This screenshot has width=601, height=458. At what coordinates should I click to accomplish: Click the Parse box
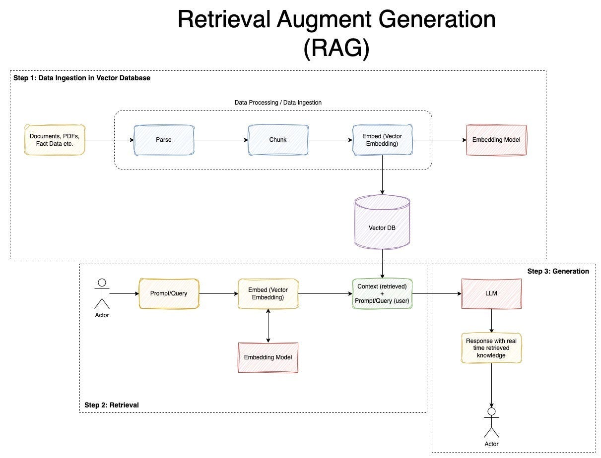tap(163, 140)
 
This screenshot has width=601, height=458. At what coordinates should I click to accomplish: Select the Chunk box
tap(278, 140)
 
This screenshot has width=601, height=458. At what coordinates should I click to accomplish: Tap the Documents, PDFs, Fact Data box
tap(55, 140)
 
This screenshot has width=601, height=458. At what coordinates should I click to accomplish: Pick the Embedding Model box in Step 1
tap(496, 140)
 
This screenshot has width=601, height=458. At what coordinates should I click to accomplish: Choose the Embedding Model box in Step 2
tap(268, 357)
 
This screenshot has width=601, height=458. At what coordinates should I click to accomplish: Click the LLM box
tap(491, 293)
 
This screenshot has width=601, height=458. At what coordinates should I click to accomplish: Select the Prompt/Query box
tap(169, 293)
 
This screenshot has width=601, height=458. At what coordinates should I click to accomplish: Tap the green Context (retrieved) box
tap(382, 293)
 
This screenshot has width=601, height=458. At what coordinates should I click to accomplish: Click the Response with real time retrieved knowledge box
tap(491, 348)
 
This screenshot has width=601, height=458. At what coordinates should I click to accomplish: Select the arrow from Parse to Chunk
tap(221, 140)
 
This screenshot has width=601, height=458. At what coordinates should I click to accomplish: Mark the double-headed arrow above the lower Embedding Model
tap(268, 326)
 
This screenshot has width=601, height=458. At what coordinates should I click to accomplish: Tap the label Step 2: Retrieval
tap(112, 405)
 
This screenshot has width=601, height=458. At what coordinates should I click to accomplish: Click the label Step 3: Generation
tap(558, 271)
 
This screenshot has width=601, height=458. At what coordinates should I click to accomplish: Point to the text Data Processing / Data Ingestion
tap(278, 103)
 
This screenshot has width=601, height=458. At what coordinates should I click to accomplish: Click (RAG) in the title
tap(336, 49)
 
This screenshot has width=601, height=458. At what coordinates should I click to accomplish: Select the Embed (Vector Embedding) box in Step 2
tap(268, 293)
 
